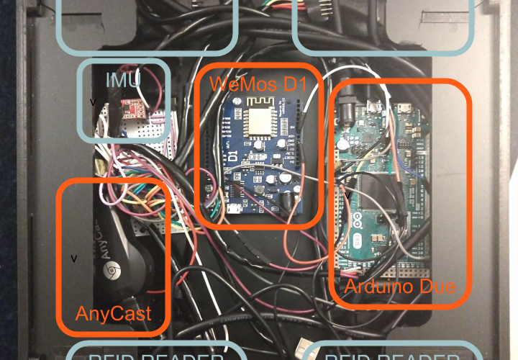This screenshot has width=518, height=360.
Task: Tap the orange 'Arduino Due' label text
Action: (x=399, y=287)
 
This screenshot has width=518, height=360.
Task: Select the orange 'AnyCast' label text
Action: (x=113, y=313)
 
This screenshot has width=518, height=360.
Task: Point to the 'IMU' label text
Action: (x=124, y=80)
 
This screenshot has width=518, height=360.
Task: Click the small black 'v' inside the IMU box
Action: (x=92, y=102)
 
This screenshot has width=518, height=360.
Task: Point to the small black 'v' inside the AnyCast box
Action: (x=74, y=257)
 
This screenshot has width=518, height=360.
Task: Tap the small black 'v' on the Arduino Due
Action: (x=348, y=194)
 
